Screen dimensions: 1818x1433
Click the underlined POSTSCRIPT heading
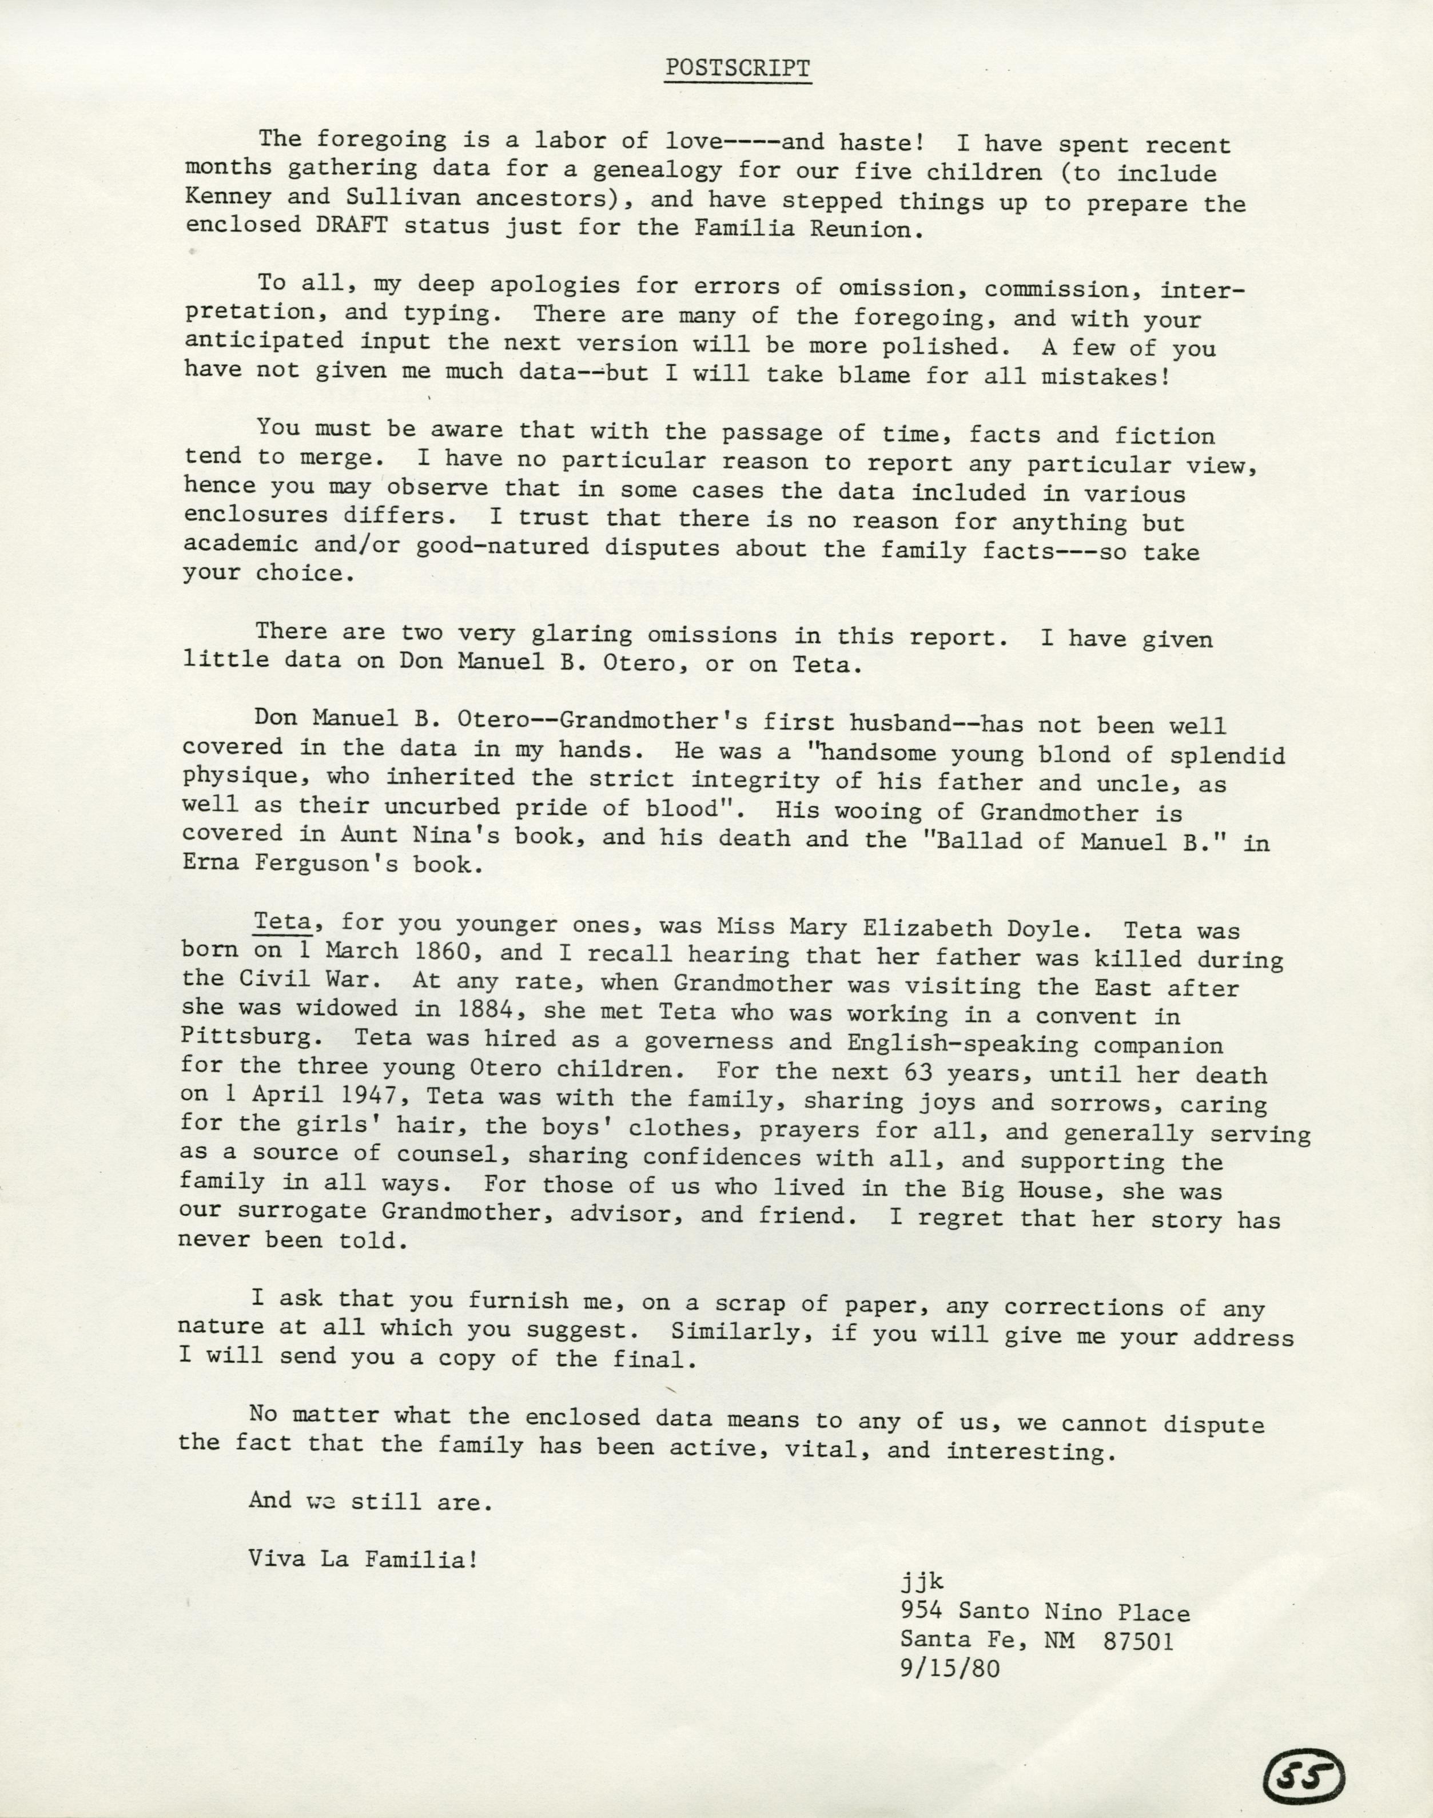click(738, 69)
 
